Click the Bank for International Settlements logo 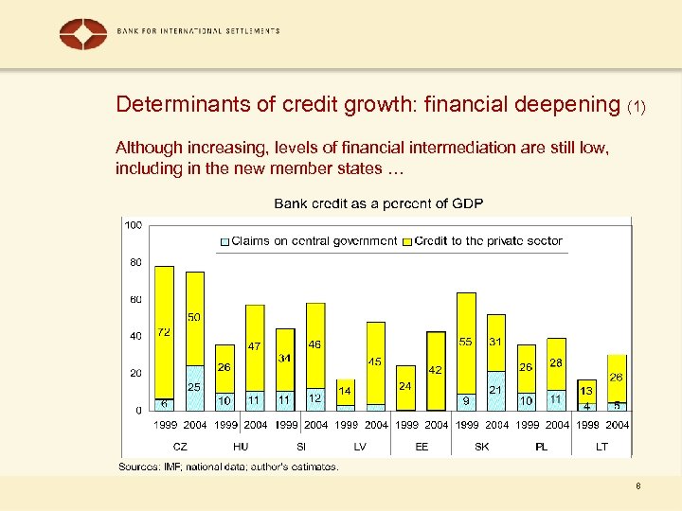83,33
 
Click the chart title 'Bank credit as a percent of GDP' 379,203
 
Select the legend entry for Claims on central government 308,240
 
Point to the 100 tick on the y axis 133,225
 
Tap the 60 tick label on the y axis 135,299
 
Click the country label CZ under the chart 180,446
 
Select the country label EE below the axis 422,446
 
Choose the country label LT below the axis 602,446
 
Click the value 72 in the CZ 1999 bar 164,332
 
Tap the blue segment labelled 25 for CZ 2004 194,387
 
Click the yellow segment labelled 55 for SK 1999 465,342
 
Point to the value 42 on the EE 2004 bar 436,370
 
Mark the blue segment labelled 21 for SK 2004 495,390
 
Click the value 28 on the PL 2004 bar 556,362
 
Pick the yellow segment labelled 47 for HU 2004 254,346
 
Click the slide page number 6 638,485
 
